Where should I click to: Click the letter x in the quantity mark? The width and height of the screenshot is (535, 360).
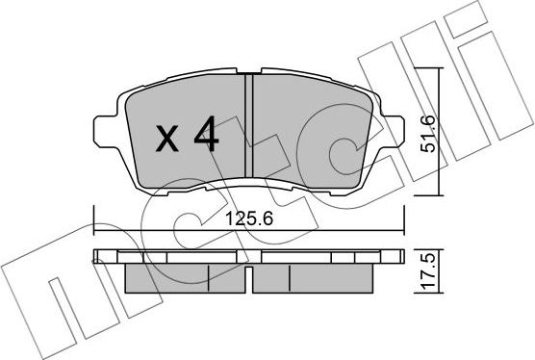pyautogui.click(x=169, y=141)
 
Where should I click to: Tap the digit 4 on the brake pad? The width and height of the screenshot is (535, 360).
pyautogui.click(x=205, y=137)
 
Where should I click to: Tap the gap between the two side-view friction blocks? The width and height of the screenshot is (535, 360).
pyautogui.click(x=247, y=279)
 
